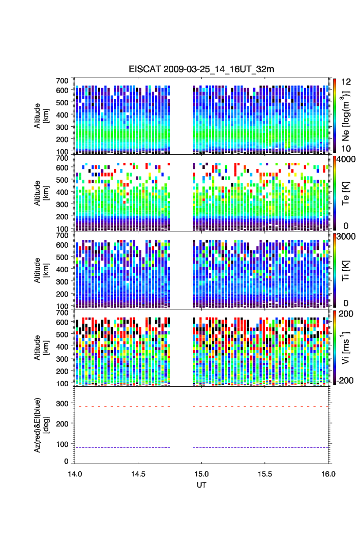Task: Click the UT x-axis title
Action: click(202, 485)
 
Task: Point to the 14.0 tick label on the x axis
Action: click(75, 473)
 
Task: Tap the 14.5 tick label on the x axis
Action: click(138, 473)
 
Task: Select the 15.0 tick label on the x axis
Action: click(202, 473)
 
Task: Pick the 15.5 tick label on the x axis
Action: click(265, 473)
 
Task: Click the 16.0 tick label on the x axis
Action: click(328, 473)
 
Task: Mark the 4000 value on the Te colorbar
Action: click(345, 159)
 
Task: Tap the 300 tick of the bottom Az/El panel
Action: click(63, 404)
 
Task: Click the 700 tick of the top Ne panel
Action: click(63, 81)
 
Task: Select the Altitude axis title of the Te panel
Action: click(41, 193)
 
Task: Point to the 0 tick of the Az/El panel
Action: click(67, 461)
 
